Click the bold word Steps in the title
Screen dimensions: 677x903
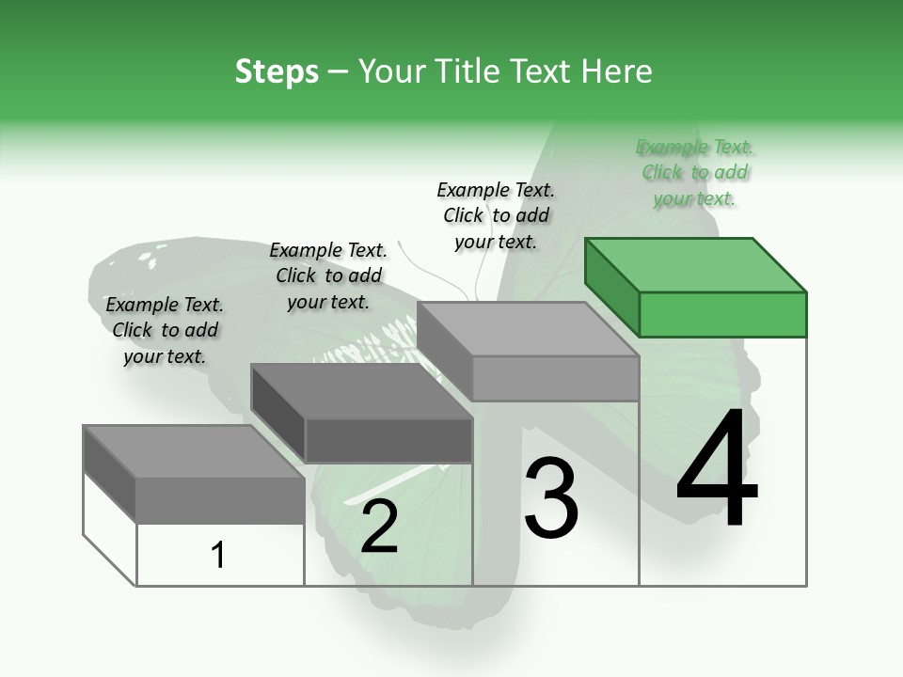coord(277,71)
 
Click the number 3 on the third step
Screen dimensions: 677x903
coord(550,498)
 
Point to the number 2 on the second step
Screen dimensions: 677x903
coord(379,527)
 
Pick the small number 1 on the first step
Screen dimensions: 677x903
coord(218,555)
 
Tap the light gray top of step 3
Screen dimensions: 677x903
coord(528,329)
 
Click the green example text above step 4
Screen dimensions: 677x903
coord(695,173)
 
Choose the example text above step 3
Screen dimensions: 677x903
coord(496,215)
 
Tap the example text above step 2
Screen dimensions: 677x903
coord(328,276)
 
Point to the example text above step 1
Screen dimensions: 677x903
coord(165,330)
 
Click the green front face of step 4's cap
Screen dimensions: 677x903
coord(722,314)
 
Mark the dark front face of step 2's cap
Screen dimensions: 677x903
coord(389,440)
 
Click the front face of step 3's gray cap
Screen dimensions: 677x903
coord(555,378)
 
